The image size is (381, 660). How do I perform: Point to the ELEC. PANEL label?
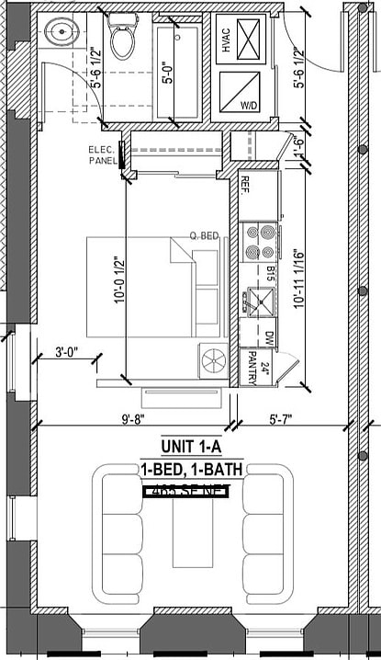102,155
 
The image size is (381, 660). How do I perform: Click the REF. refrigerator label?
245,185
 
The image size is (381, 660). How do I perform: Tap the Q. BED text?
204,236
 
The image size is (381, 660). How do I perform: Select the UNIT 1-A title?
191,449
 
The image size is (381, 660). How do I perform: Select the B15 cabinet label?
272,273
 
